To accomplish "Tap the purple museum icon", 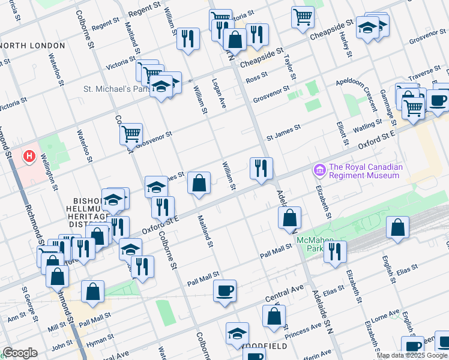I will pos(319,171).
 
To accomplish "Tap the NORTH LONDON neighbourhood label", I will pos(34,46).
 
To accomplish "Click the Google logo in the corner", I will pos(20,353).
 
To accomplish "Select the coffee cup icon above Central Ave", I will pos(225,291).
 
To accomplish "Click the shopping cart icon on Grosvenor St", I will pos(131,133).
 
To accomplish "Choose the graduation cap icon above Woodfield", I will pos(237,333).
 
